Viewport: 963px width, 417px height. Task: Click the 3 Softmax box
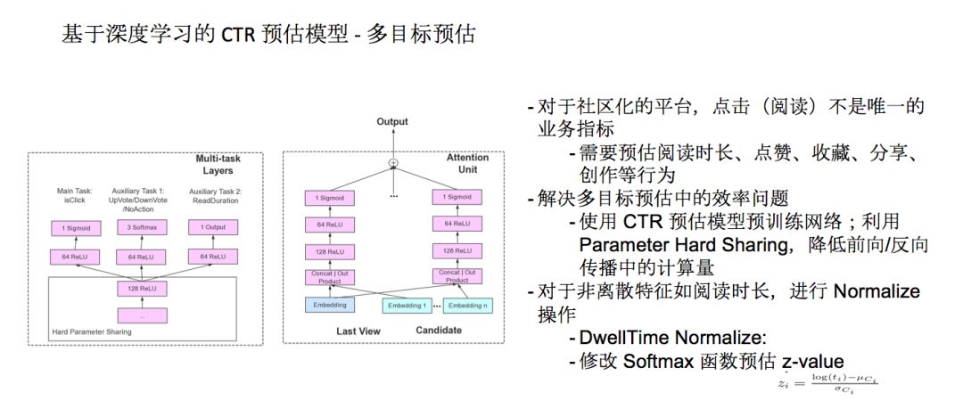pos(143,228)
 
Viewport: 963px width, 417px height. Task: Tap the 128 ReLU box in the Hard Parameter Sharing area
pos(143,288)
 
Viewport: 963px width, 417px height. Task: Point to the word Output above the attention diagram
pos(391,121)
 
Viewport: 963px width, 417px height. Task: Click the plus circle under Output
pos(391,163)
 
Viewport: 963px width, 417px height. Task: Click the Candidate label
pos(438,331)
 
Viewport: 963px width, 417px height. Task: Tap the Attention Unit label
pos(467,163)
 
